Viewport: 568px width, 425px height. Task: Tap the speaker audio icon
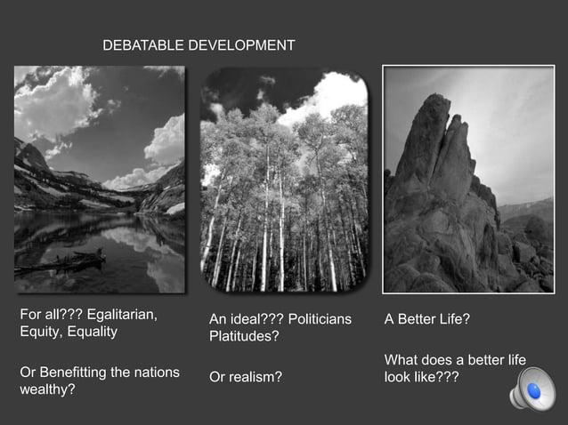coord(531,391)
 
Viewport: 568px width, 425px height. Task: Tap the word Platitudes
coord(242,337)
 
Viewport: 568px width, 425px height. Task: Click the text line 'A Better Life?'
coord(426,319)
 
